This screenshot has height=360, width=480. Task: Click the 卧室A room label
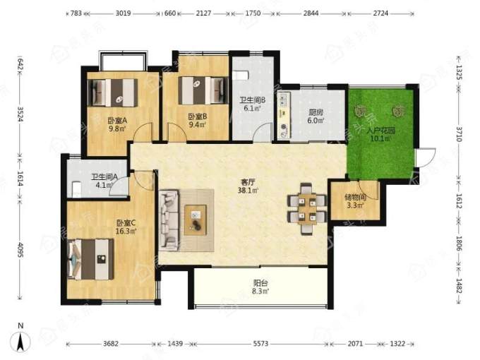click(x=117, y=121)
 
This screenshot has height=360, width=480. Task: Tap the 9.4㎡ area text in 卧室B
click(x=198, y=124)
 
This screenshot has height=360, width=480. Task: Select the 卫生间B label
click(x=252, y=100)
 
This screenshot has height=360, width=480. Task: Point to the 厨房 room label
click(x=316, y=113)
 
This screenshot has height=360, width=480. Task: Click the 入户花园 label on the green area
click(x=380, y=131)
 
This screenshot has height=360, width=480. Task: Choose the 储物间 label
click(x=355, y=198)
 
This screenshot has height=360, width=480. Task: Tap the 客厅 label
click(x=248, y=182)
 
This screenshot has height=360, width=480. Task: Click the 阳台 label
click(x=260, y=283)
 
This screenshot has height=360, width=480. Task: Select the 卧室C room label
click(x=126, y=223)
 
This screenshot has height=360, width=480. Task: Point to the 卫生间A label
click(x=104, y=177)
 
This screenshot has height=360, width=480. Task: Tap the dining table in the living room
click(x=307, y=208)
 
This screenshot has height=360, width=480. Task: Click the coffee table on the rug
click(x=196, y=220)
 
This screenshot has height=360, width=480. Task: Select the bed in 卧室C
click(x=91, y=259)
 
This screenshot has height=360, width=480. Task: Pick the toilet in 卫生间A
click(x=76, y=189)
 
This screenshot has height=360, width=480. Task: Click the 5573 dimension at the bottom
click(x=260, y=344)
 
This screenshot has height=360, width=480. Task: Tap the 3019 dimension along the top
click(x=123, y=13)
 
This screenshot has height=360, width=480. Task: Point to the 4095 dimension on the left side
click(x=20, y=250)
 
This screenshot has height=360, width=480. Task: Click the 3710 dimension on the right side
click(x=459, y=134)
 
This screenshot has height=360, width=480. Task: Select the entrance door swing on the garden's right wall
click(x=426, y=157)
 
